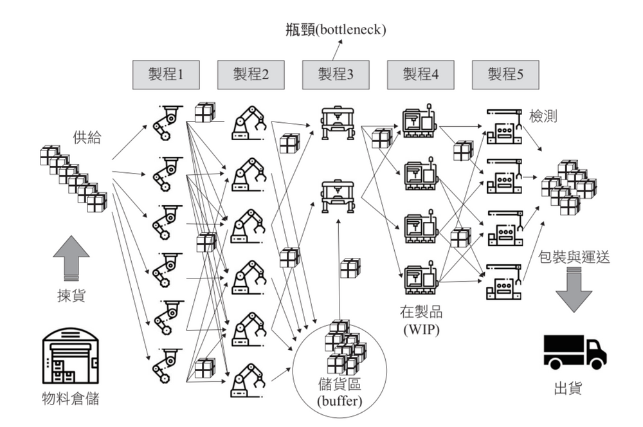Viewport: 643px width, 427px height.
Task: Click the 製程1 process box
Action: [x=165, y=75]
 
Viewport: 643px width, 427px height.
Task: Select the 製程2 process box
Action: [x=250, y=75]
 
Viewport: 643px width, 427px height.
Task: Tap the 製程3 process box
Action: [x=335, y=75]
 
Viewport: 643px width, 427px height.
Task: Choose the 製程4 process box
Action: [x=420, y=75]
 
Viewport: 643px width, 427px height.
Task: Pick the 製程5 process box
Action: [x=505, y=75]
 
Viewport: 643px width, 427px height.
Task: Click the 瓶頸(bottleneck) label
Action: [x=336, y=30]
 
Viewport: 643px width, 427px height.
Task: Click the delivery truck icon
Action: [x=574, y=352]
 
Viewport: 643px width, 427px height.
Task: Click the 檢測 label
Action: [x=543, y=116]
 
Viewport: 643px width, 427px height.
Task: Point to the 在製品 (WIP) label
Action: [x=421, y=322]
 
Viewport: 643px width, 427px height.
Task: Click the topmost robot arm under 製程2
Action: [x=249, y=122]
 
